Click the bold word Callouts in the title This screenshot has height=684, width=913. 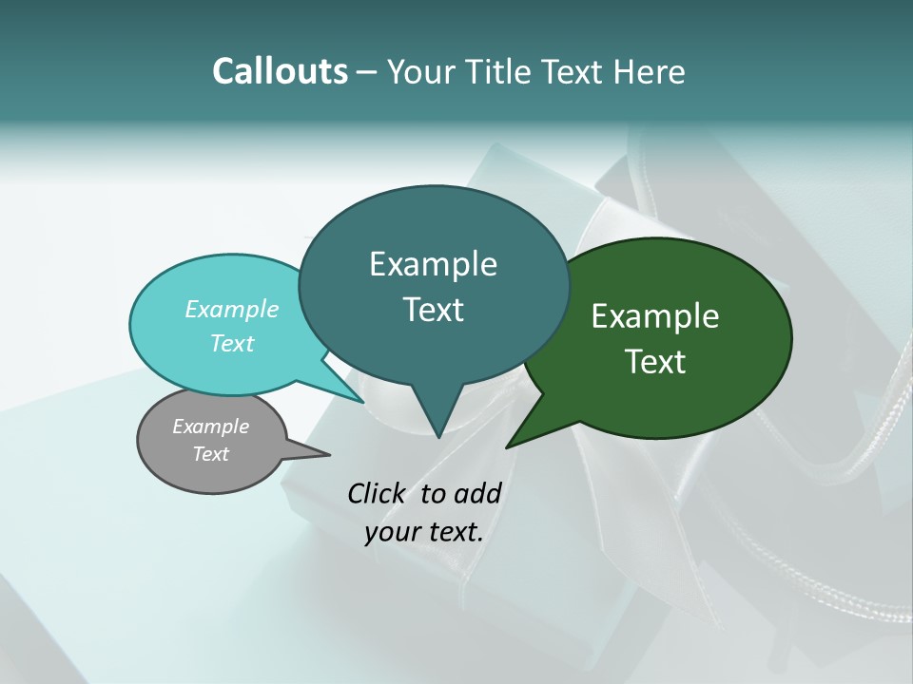[x=280, y=71]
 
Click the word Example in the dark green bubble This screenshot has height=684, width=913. [x=655, y=316]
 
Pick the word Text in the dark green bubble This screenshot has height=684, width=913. [x=655, y=362]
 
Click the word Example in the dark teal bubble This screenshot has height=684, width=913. [x=433, y=264]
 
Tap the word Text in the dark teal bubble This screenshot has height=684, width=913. [x=433, y=310]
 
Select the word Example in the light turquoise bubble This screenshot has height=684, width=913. [x=232, y=309]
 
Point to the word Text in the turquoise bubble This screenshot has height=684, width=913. [x=232, y=343]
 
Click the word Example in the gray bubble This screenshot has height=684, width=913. [x=210, y=427]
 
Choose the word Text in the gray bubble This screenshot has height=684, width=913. [x=210, y=454]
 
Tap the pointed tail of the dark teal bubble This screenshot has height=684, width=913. [x=437, y=432]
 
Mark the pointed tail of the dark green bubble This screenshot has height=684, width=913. [x=512, y=444]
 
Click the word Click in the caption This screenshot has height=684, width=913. [x=378, y=493]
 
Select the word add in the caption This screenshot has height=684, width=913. [x=476, y=493]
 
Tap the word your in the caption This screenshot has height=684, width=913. [x=388, y=532]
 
